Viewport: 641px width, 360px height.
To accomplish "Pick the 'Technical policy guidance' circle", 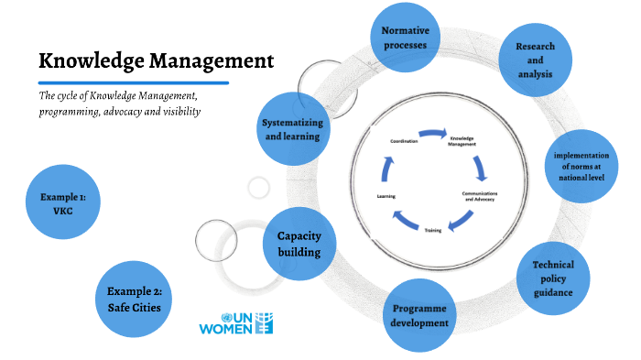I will (x=551, y=278).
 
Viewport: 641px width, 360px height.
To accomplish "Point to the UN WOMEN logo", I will (x=235, y=322).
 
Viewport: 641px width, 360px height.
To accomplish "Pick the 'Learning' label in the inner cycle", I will (x=386, y=196).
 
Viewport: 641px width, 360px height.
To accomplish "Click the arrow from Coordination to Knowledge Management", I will (x=432, y=134).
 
